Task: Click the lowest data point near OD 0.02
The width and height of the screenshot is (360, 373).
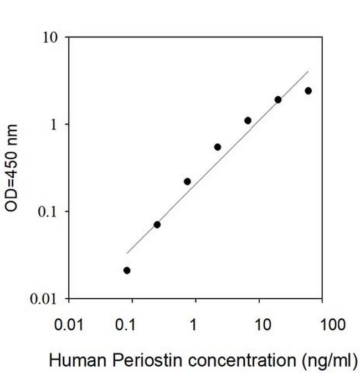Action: [x=127, y=270]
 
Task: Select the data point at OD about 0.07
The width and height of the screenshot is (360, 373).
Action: [x=157, y=225]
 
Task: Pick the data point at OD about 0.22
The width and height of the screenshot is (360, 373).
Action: [x=187, y=182]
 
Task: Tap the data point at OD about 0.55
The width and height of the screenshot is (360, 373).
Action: [x=218, y=147]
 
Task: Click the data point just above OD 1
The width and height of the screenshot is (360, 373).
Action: [x=248, y=121]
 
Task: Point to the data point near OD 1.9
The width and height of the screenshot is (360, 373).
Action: [x=278, y=100]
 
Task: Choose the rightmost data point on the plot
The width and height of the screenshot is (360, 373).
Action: [x=308, y=91]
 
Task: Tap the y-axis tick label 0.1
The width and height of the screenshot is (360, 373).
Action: [x=52, y=211]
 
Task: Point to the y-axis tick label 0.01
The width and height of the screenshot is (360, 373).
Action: [x=48, y=299]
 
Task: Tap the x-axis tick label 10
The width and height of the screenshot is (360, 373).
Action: [x=259, y=324]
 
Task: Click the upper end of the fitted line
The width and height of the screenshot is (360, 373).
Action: [x=308, y=71]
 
